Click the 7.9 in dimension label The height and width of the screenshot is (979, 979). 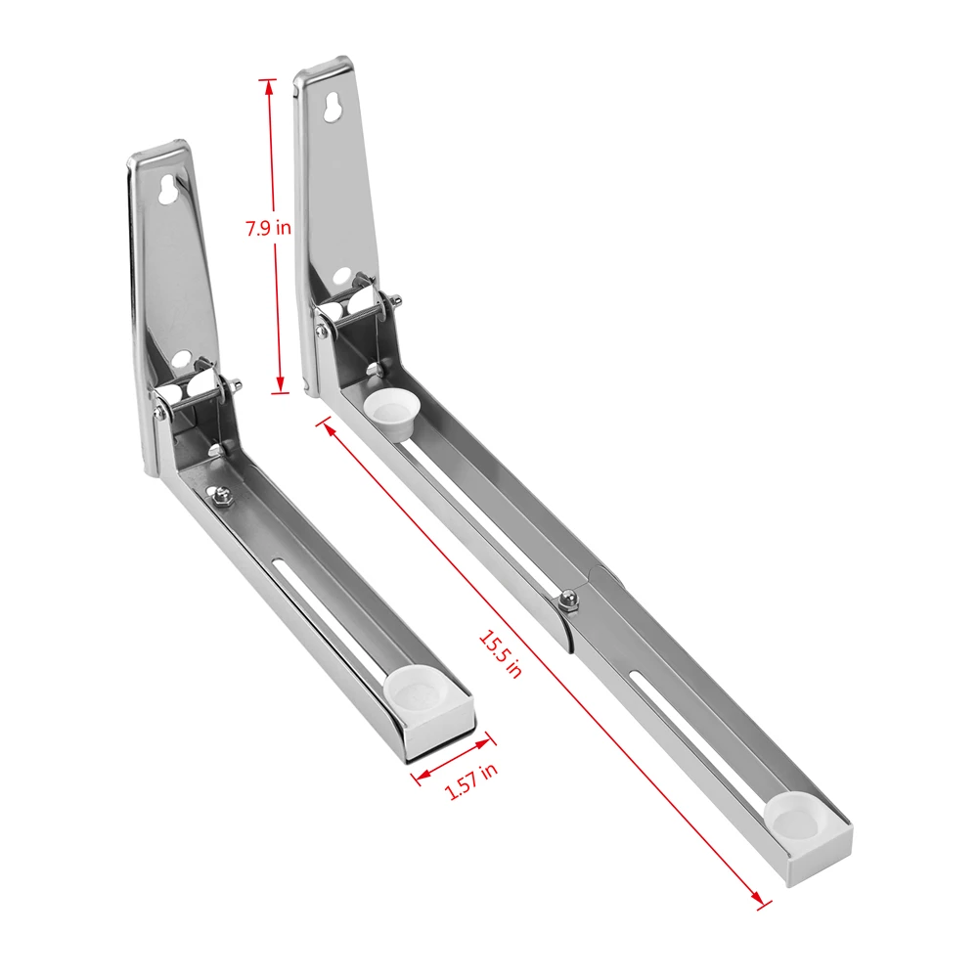pos(268,229)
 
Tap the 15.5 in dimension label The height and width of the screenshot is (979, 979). pos(500,652)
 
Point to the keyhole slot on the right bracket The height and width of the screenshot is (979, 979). pos(334,107)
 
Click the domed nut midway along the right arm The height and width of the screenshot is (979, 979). pos(567,599)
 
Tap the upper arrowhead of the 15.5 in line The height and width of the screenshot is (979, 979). pos(327,427)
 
